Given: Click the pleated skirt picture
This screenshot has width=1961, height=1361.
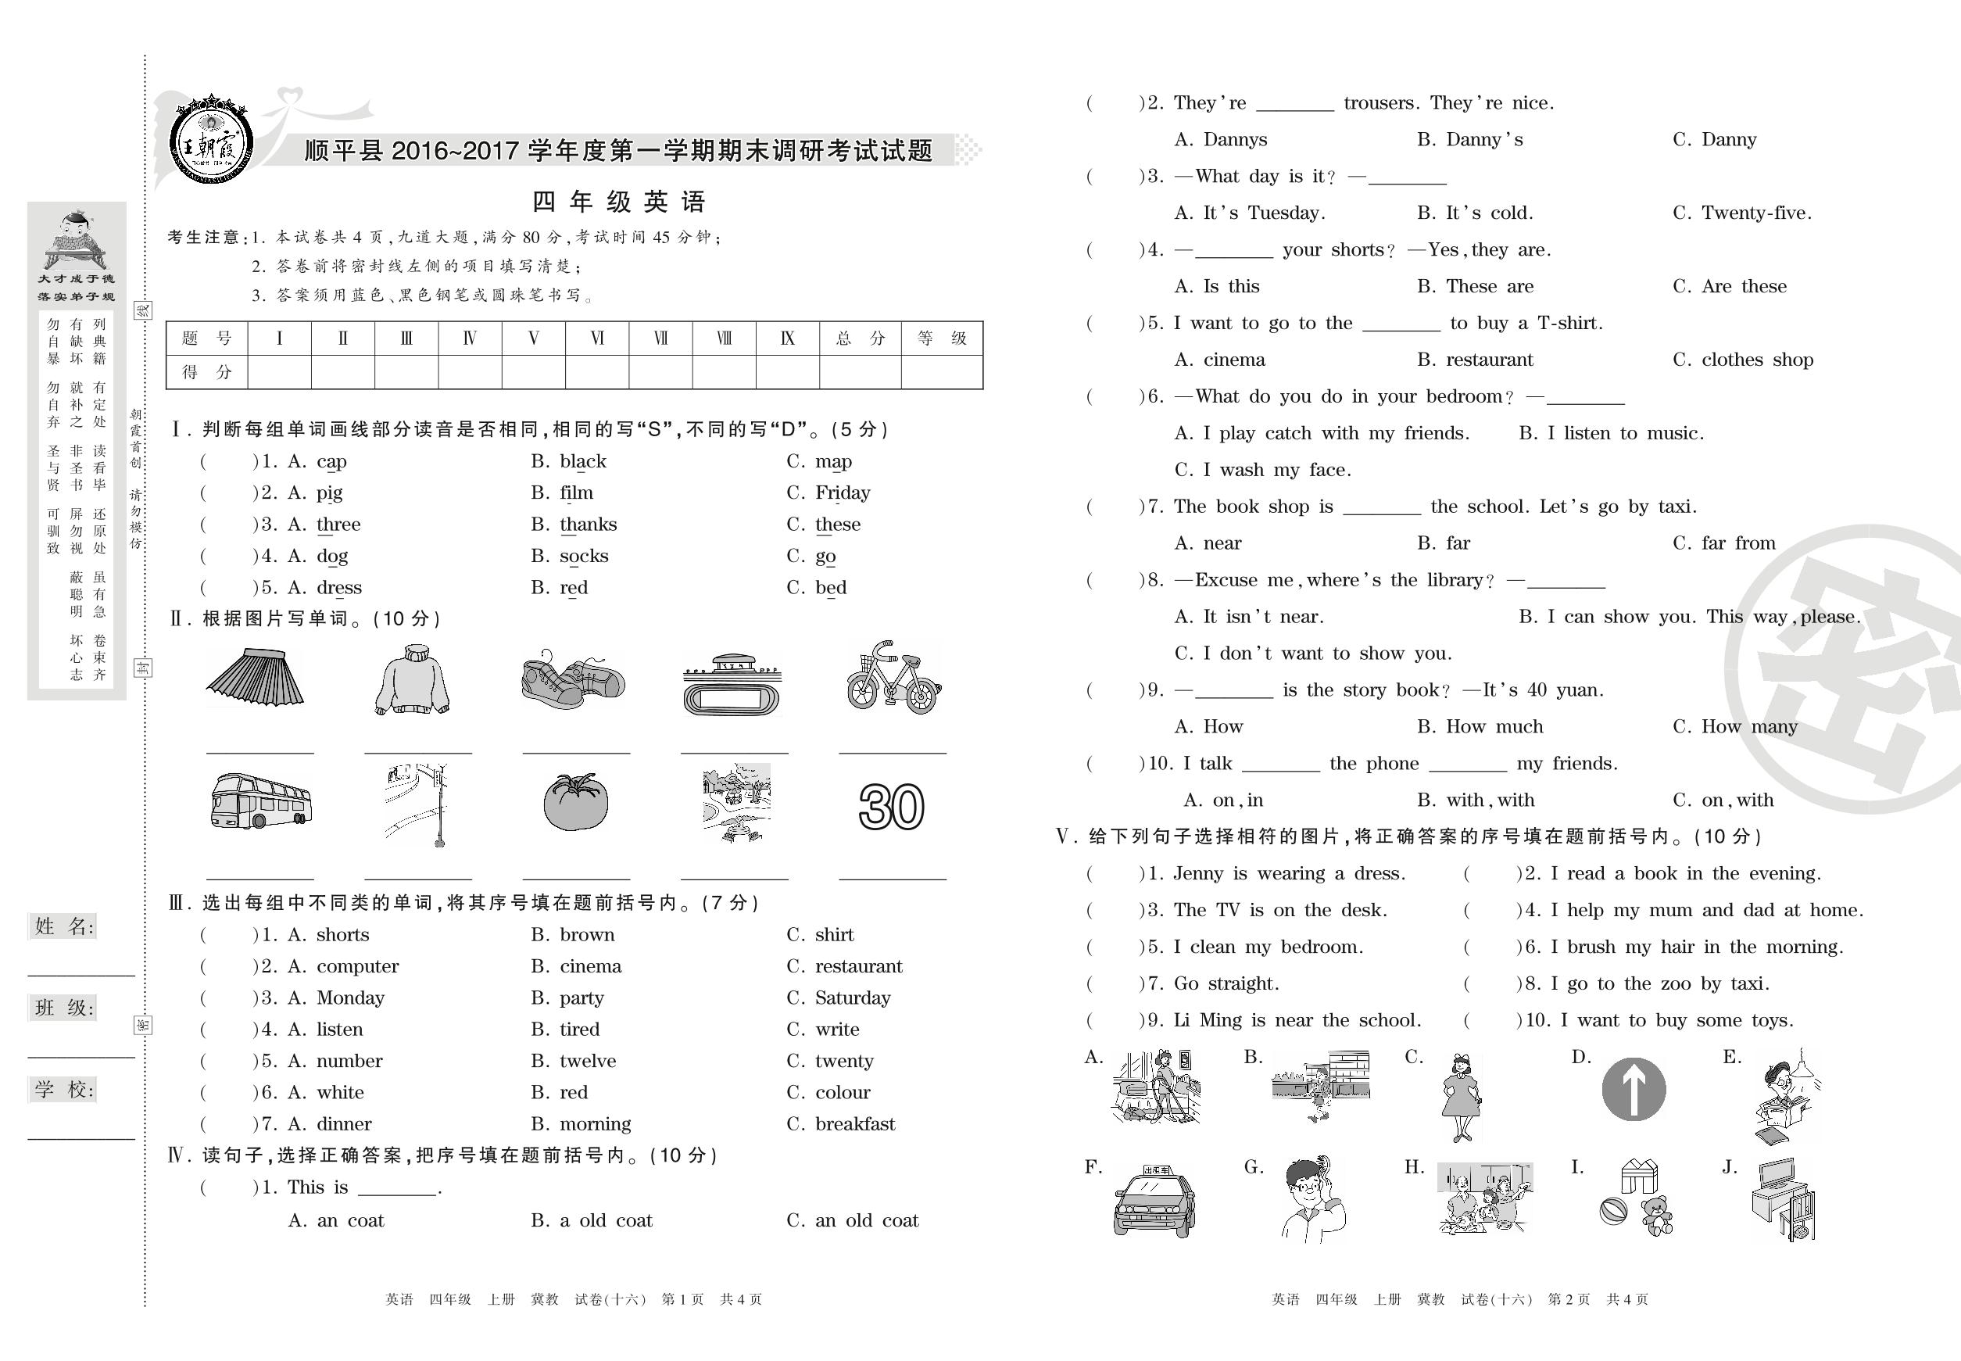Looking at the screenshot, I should tap(255, 678).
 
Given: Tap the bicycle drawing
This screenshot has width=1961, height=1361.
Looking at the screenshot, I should tap(893, 678).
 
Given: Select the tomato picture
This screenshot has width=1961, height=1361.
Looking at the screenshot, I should tap(575, 802).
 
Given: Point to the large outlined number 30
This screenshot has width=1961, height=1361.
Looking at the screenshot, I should tap(891, 807).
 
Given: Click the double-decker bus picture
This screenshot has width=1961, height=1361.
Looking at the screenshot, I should tap(261, 801).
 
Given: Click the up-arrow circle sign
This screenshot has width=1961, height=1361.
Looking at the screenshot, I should tap(1633, 1090).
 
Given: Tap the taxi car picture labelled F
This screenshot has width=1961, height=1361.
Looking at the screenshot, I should tap(1154, 1202).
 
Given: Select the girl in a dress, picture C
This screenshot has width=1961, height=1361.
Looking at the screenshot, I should tap(1461, 1097).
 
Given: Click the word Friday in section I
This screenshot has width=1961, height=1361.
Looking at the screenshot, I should tap(843, 493).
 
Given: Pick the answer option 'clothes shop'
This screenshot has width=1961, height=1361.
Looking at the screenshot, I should tap(1756, 360).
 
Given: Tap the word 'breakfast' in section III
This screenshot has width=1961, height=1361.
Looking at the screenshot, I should tap(854, 1124).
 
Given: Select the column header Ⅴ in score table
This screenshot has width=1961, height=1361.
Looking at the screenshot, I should tap(534, 338).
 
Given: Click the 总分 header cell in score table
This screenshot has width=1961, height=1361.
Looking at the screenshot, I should tap(860, 338).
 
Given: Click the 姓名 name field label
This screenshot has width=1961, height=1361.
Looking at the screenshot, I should tap(65, 926).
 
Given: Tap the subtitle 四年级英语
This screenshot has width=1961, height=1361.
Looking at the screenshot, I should tap(619, 202).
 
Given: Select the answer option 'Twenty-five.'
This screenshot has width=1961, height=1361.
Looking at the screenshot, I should tap(1755, 213).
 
